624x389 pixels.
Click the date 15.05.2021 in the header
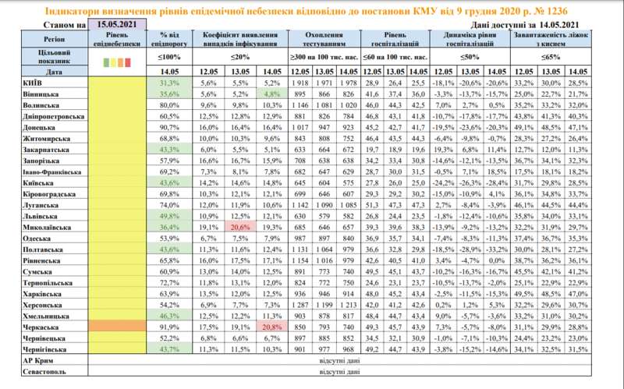(x=117, y=25)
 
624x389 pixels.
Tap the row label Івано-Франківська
(x=39, y=170)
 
